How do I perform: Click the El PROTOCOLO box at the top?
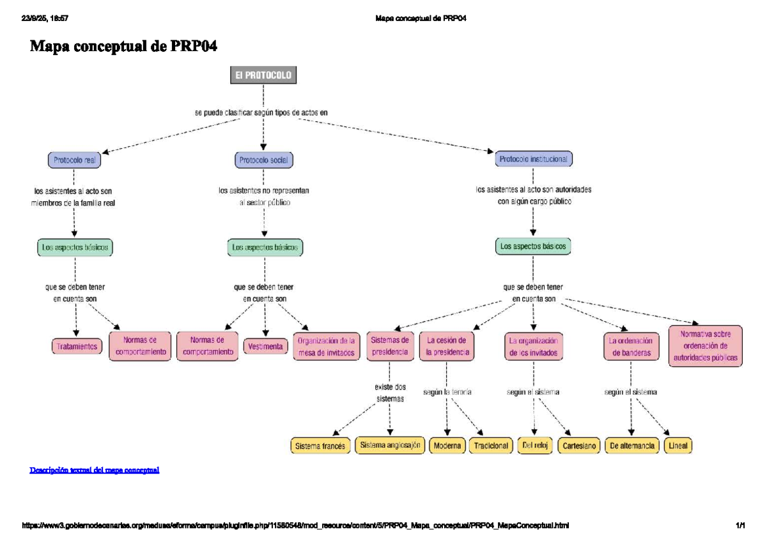(263, 75)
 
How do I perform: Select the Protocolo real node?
(74, 160)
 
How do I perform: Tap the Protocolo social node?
(263, 160)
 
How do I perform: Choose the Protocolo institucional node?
(534, 158)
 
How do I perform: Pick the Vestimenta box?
(265, 346)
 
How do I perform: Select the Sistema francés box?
(320, 446)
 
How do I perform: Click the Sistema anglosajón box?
(390, 446)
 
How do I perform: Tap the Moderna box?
(447, 446)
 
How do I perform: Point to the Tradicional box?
(491, 446)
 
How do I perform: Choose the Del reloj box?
(534, 446)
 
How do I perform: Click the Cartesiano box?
(579, 446)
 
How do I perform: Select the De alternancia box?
(632, 446)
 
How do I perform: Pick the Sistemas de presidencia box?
(390, 346)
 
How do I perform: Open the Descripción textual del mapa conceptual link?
(95, 470)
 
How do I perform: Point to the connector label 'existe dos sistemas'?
(390, 393)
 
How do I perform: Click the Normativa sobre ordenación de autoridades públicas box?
(705, 346)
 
